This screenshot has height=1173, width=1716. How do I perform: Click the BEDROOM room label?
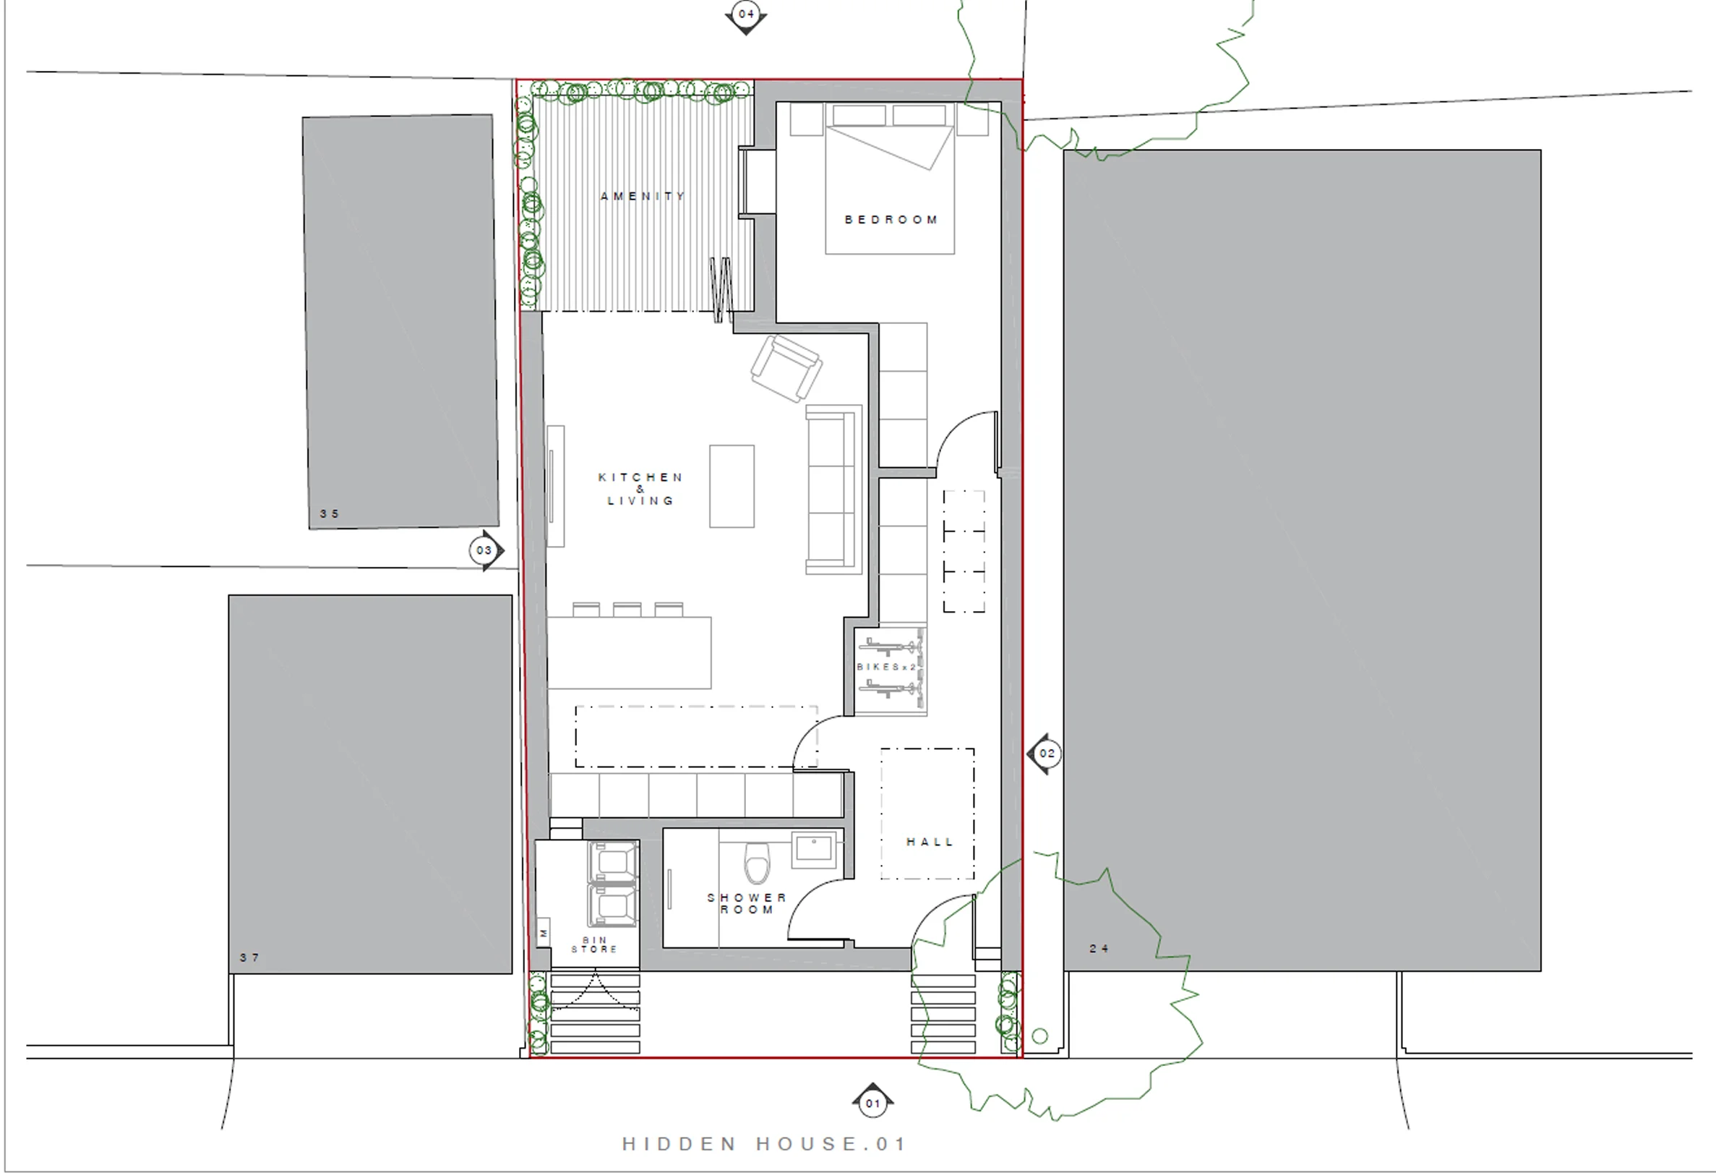point(891,220)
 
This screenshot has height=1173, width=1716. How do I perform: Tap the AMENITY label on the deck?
point(643,197)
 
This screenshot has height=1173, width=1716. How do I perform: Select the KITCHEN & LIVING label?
point(640,489)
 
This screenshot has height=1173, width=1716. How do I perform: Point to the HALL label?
point(930,842)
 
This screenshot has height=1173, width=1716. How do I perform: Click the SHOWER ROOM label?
point(747,903)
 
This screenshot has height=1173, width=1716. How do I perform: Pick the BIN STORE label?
point(594,944)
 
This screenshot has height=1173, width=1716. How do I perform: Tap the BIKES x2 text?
point(886,667)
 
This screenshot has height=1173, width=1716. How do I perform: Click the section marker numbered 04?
point(746,16)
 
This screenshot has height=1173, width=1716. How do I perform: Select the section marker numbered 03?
point(486,550)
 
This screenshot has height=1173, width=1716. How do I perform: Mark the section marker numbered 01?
point(872,1103)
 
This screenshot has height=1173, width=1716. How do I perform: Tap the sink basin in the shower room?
point(815,850)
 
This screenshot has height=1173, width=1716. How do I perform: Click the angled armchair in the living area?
point(786,368)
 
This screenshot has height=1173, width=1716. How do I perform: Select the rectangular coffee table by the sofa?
point(732,486)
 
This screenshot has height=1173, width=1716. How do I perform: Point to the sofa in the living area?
point(833,489)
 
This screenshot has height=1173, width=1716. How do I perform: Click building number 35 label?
point(330,514)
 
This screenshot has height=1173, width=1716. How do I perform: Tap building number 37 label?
point(249,958)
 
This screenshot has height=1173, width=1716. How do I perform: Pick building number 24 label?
point(1099,948)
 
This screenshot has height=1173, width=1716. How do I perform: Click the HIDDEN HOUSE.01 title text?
point(763,1144)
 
